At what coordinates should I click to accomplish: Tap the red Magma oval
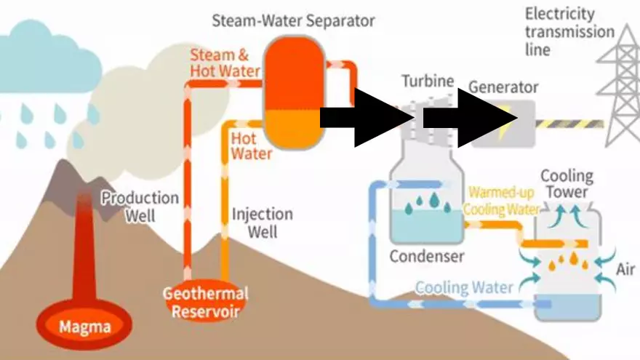point(75,327)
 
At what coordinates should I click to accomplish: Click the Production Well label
point(140,207)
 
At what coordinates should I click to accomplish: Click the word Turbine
point(428,81)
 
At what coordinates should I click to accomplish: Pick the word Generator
point(503,88)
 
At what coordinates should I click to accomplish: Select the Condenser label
point(426,256)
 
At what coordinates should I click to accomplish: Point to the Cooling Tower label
point(567,185)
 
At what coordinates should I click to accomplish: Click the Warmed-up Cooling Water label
point(502,201)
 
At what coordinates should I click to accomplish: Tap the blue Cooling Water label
point(464,287)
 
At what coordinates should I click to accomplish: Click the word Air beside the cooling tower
point(625,270)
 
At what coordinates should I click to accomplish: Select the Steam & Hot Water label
point(225,63)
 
